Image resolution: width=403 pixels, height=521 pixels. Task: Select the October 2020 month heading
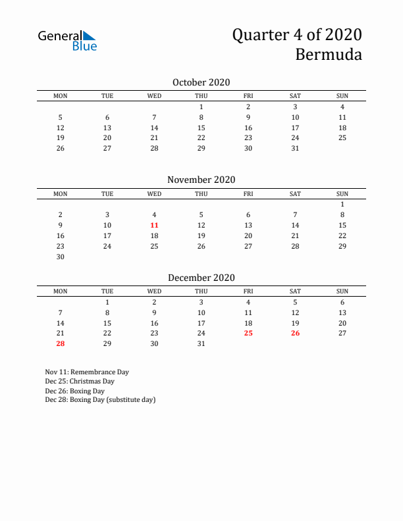click(201, 82)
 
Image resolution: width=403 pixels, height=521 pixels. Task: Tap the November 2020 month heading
click(201, 180)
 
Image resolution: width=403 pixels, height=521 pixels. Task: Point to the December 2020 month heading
click(201, 278)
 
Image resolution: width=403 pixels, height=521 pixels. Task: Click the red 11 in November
click(154, 225)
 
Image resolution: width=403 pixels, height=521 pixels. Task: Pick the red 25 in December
click(248, 333)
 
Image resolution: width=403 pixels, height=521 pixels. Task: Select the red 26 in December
click(295, 333)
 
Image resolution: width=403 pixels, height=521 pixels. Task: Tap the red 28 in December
click(61, 343)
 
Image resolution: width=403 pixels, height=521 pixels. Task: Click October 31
click(295, 148)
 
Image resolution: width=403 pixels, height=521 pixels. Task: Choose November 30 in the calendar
click(61, 257)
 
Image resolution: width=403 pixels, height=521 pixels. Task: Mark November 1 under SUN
click(342, 204)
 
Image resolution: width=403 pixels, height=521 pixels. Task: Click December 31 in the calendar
click(201, 343)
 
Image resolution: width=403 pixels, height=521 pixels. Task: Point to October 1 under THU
click(201, 107)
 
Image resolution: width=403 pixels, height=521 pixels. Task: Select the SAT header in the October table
click(295, 96)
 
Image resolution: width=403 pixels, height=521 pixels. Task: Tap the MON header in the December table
click(61, 291)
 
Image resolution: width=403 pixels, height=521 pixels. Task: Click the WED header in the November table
click(154, 193)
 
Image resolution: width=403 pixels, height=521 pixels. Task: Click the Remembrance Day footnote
click(88, 372)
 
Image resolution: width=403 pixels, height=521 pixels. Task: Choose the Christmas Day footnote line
click(80, 381)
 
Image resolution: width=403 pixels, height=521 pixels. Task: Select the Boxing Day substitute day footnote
click(101, 399)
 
